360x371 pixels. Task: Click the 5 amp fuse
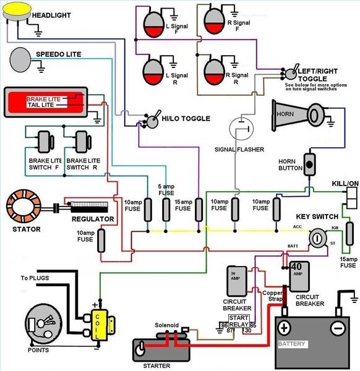tap(166, 211)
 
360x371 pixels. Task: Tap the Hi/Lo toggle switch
tap(150, 120)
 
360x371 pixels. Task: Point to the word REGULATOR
tap(93, 220)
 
